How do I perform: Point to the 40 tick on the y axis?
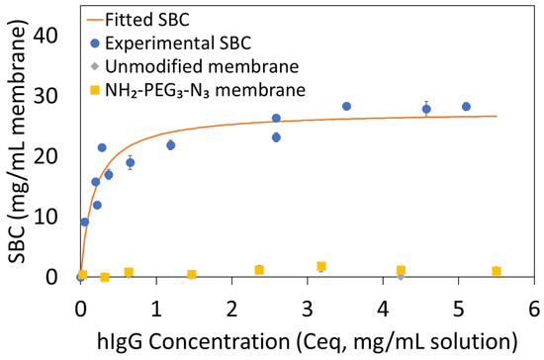55,35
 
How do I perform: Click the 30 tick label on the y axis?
55,95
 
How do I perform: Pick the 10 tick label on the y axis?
55,217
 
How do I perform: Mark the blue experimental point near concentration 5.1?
466,107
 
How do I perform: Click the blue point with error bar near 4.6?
426,109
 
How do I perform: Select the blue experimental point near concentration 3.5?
346,107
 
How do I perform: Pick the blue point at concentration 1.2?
170,145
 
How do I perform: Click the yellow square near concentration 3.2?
321,266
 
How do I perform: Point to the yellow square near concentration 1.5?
192,274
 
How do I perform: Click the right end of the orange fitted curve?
497,116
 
